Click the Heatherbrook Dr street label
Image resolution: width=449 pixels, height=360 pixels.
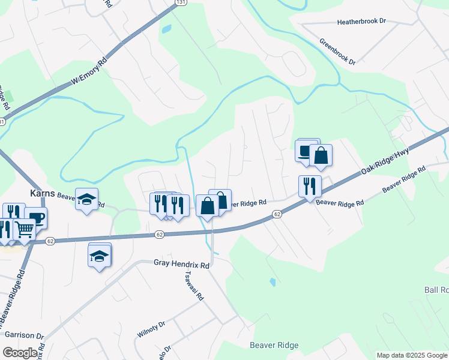pyautogui.click(x=361, y=21)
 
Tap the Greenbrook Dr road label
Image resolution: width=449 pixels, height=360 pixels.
pyautogui.click(x=337, y=53)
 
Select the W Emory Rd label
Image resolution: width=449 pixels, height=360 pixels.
pyautogui.click(x=89, y=71)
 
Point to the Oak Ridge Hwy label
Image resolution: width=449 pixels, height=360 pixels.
pyautogui.click(x=385, y=163)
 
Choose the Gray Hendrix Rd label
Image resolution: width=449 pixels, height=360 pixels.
pyautogui.click(x=181, y=263)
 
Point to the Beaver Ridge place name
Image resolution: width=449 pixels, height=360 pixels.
pyautogui.click(x=274, y=346)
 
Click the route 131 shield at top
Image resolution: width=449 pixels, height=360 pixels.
pyautogui.click(x=179, y=3)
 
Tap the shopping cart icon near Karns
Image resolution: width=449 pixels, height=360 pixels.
pyautogui.click(x=25, y=229)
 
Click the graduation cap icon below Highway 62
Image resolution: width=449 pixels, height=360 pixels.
pyautogui.click(x=100, y=256)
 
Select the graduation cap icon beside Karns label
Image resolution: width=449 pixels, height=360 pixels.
pyautogui.click(x=86, y=198)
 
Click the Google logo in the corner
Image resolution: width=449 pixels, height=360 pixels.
pyautogui.click(x=20, y=353)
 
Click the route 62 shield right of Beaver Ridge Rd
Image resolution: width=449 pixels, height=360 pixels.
pyautogui.click(x=277, y=214)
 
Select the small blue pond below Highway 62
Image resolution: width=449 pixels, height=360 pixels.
pyautogui.click(x=273, y=281)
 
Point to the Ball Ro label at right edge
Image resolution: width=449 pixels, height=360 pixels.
pyautogui.click(x=436, y=290)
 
